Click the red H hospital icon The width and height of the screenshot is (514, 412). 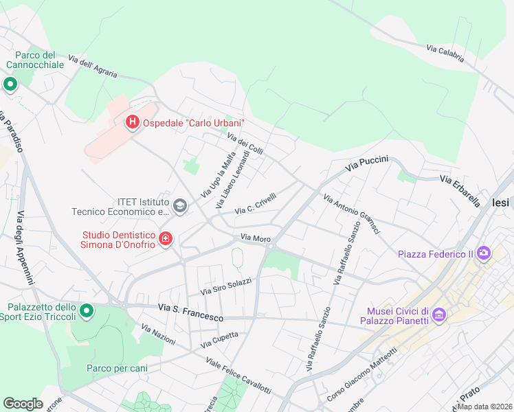(132, 123)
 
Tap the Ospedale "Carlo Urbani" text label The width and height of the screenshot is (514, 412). (194, 124)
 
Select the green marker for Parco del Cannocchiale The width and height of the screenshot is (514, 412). (10, 84)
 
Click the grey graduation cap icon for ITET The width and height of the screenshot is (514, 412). (180, 206)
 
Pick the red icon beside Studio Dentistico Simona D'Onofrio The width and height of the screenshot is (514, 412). (166, 239)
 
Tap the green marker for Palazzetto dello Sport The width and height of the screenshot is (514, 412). (87, 312)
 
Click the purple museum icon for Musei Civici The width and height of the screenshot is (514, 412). (438, 316)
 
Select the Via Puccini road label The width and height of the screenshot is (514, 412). (367, 163)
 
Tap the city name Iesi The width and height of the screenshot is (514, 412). (502, 203)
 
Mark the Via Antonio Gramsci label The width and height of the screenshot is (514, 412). (350, 214)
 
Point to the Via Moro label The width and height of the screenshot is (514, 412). (255, 238)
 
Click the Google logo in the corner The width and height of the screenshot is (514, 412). (23, 404)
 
